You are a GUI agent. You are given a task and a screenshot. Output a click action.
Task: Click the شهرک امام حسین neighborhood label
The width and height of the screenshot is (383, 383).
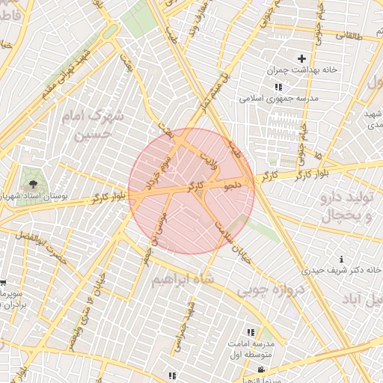click(111, 125)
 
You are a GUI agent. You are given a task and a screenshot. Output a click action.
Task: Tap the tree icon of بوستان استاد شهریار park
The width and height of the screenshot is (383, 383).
click(32, 181)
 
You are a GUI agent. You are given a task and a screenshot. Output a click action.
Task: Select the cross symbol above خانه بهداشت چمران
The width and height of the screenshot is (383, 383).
click(302, 58)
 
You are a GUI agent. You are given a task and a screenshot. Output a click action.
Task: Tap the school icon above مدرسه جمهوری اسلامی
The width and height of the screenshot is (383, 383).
click(279, 87)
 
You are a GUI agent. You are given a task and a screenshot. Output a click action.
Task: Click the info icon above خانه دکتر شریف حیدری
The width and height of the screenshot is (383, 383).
click(342, 258)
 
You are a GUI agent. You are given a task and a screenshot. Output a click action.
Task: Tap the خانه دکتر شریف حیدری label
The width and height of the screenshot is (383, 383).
click(343, 269)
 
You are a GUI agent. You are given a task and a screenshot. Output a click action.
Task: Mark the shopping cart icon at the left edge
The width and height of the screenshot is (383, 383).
click(3, 284)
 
